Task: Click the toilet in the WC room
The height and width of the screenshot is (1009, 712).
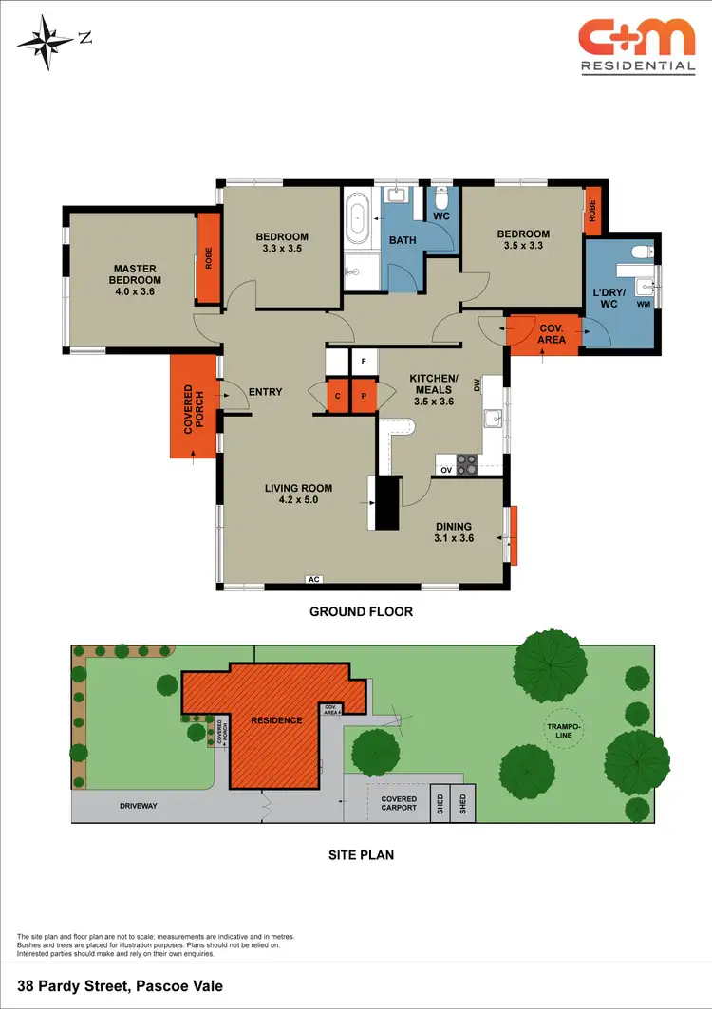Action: click(440, 201)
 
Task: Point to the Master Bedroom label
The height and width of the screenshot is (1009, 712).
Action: click(135, 274)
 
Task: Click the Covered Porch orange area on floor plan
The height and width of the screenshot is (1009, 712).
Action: click(195, 408)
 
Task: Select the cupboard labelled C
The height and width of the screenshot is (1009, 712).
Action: click(338, 396)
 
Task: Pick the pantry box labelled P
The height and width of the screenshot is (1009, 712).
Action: click(364, 396)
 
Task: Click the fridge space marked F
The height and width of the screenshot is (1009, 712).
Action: click(364, 362)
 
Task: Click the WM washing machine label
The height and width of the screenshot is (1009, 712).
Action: click(643, 304)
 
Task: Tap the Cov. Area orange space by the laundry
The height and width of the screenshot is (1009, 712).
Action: click(546, 333)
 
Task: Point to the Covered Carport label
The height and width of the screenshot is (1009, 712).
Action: click(399, 803)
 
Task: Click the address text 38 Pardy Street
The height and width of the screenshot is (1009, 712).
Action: click(120, 986)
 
